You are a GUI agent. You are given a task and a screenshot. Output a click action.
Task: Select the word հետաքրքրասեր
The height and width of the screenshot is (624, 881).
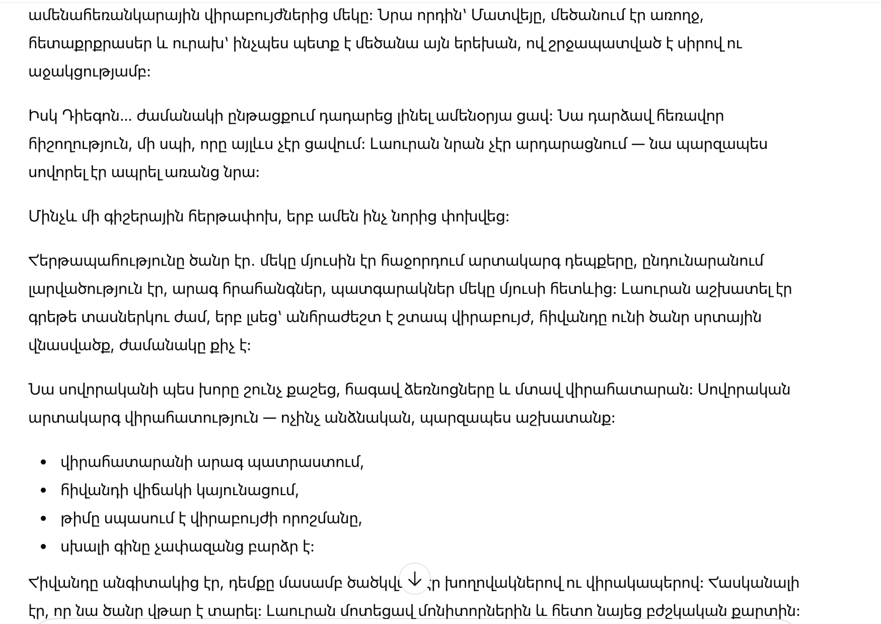90,44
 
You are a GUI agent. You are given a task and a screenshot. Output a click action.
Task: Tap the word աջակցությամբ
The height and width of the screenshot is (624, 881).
89,72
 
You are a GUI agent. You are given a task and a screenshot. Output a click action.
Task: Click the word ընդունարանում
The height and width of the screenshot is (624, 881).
703,261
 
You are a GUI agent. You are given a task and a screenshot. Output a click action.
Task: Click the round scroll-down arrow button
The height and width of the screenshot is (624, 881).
414,579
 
